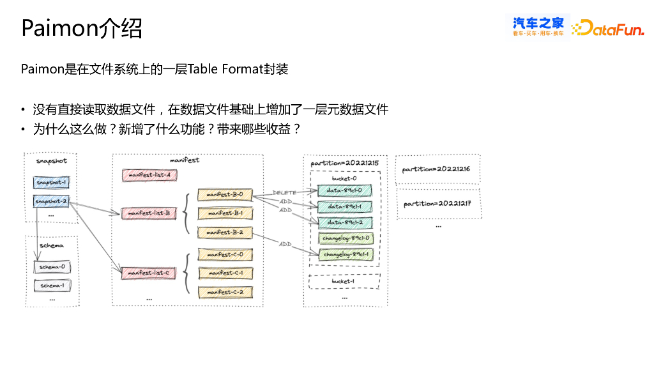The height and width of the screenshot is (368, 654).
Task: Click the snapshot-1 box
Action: click(x=52, y=183)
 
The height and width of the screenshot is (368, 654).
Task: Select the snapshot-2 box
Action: click(x=52, y=202)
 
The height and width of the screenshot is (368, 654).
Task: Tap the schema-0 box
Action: click(x=52, y=266)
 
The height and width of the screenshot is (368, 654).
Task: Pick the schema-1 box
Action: click(x=52, y=285)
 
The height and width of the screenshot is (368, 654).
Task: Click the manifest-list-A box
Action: click(x=149, y=174)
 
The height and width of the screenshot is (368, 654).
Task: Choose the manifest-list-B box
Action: click(x=149, y=213)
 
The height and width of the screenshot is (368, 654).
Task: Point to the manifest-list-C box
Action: click(x=149, y=273)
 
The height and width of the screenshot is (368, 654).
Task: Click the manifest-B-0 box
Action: click(x=225, y=194)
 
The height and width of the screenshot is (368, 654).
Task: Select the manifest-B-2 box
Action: click(x=225, y=232)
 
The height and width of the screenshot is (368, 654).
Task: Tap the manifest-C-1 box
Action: click(x=225, y=273)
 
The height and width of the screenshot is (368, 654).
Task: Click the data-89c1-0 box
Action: click(x=344, y=190)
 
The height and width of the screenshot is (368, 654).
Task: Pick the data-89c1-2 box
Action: click(x=344, y=222)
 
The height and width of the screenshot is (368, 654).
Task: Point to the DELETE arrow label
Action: click(x=285, y=192)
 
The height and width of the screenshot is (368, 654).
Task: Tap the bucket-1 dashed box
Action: click(x=344, y=281)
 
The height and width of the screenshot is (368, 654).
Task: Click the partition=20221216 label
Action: click(x=437, y=169)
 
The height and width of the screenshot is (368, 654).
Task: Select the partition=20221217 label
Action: click(x=437, y=204)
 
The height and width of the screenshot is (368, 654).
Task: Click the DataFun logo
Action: click(x=607, y=27)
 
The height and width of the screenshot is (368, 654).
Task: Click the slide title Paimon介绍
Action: click(x=82, y=28)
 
